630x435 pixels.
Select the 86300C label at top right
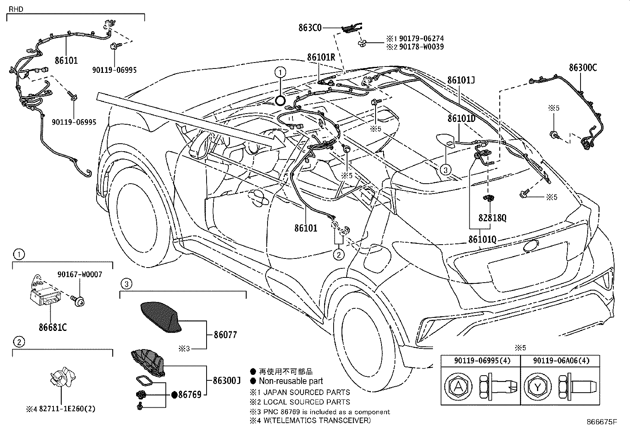coord(583,68)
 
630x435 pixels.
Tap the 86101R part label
coord(321,57)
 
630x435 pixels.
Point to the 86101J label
coord(461,80)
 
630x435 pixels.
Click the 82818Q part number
coord(492,218)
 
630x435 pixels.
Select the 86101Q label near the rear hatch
coord(482,239)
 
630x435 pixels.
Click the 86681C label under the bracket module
coord(52,328)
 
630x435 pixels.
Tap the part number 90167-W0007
coord(79,274)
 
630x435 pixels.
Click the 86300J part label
coord(227,381)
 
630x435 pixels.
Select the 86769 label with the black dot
coord(190,394)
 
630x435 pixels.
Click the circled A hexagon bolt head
coord(458,387)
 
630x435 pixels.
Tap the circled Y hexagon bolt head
coord(537,387)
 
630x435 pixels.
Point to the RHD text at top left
coord(15,8)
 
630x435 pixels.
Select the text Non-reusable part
coord(291,381)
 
